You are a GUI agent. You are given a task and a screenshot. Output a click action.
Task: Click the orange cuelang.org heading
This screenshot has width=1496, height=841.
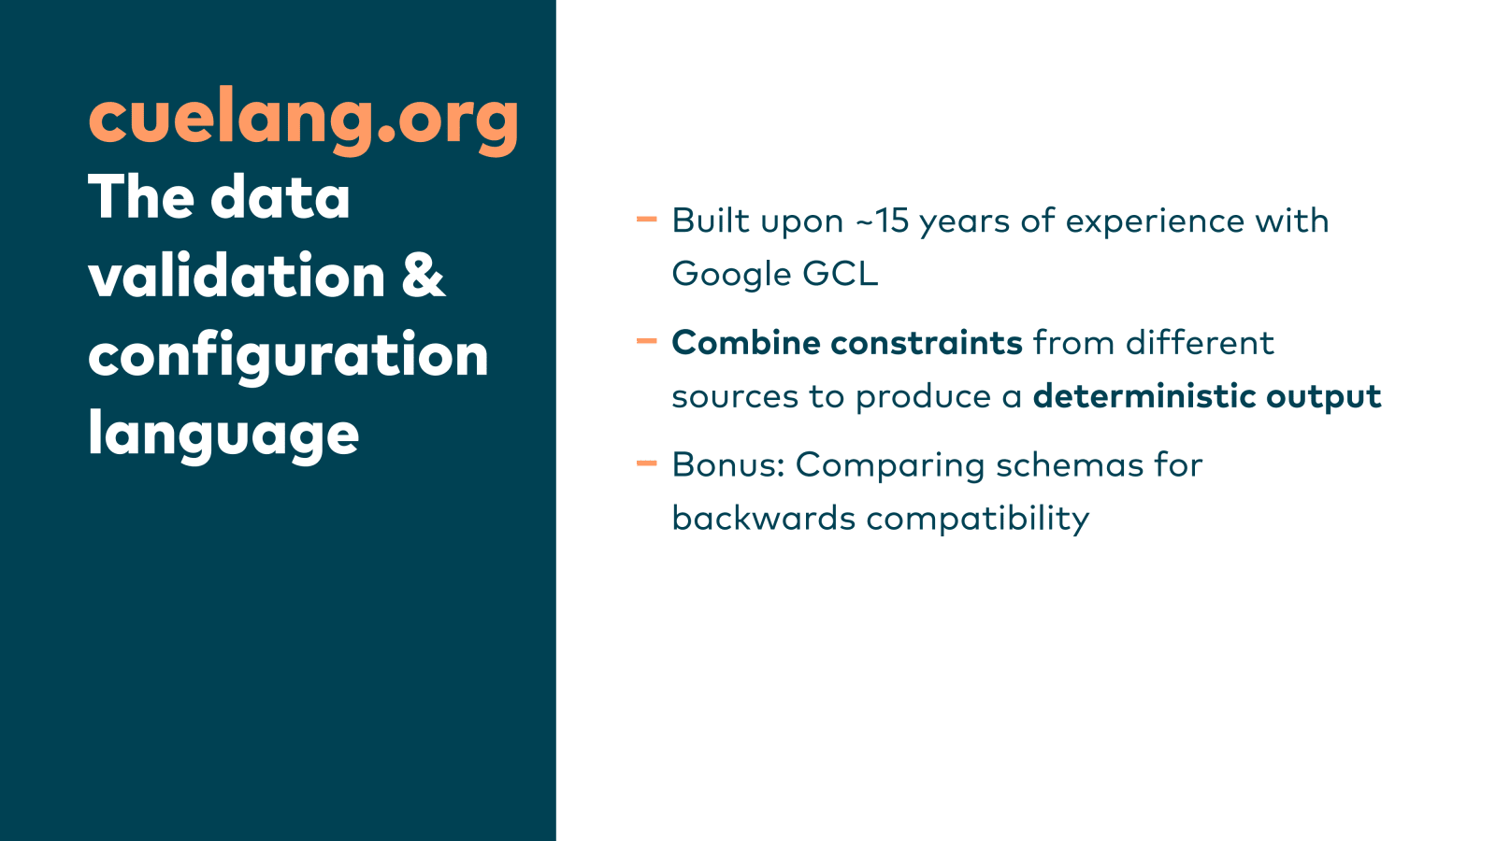(303, 121)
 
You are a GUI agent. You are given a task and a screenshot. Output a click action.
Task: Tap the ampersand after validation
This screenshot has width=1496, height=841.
(424, 275)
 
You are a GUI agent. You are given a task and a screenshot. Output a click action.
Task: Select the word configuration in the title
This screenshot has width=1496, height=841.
(288, 356)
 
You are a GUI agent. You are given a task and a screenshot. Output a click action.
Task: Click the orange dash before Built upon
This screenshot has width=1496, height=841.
(646, 219)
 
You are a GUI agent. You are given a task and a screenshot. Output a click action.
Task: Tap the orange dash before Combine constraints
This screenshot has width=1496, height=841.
(646, 341)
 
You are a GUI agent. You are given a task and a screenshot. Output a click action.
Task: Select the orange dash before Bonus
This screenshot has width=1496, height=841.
(646, 463)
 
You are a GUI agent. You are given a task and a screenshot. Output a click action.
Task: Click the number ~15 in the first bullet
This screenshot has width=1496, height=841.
(883, 221)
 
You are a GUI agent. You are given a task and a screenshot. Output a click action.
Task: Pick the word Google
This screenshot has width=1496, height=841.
(731, 275)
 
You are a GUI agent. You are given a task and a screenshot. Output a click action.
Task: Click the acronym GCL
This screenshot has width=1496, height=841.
(841, 274)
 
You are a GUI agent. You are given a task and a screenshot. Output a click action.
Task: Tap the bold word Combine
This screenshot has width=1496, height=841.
(746, 343)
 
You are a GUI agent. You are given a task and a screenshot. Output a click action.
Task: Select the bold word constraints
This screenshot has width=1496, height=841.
(927, 343)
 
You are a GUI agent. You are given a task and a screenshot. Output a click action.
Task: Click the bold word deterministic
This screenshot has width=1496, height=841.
(1144, 396)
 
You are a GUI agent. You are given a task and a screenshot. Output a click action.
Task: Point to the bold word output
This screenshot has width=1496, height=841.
(1324, 397)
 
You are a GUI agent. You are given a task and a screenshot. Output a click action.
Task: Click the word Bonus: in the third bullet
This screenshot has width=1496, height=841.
(728, 464)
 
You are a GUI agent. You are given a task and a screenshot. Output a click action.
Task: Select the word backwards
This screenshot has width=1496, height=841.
(763, 518)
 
